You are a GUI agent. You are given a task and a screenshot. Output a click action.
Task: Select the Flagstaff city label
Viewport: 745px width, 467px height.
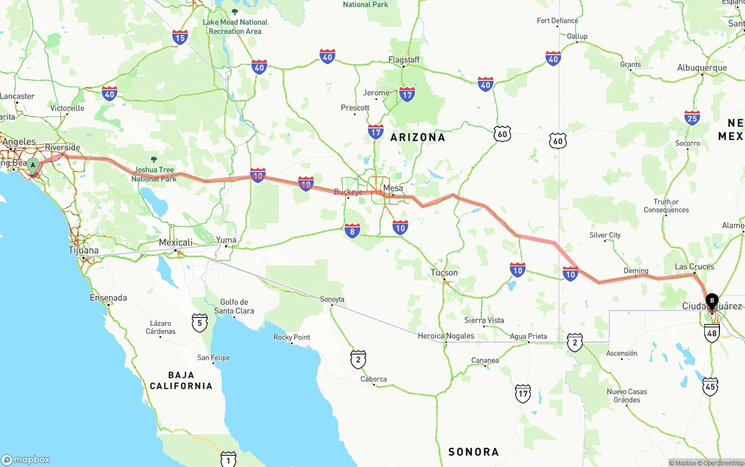[404, 60]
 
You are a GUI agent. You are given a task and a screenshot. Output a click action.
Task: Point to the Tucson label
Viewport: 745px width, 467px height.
[444, 272]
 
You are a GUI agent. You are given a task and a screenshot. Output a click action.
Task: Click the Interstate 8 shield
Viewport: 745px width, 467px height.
[352, 231]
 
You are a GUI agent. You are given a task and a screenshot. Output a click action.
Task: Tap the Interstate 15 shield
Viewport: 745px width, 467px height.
[180, 38]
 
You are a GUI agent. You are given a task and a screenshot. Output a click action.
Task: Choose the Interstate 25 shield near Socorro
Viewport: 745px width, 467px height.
[692, 118]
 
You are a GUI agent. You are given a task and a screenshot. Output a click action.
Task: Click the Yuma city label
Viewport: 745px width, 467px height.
[226, 240]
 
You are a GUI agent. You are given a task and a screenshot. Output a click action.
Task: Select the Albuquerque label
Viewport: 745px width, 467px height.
[702, 68]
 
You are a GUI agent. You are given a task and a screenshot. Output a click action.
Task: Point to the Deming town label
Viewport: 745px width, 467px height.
[636, 270]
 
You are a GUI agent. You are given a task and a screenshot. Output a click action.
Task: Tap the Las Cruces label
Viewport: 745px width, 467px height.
[694, 266]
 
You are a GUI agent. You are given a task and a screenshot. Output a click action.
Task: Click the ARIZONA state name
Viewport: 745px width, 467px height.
[417, 137]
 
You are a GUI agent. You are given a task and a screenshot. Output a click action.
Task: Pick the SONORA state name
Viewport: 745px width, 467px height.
[473, 451]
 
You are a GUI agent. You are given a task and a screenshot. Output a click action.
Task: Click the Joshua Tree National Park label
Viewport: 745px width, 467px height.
[154, 174]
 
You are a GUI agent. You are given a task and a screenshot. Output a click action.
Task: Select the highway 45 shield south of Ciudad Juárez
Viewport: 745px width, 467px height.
[710, 386]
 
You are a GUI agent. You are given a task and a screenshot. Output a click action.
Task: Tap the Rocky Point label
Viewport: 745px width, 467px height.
[292, 337]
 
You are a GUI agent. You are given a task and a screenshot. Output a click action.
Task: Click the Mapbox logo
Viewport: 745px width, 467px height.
[26, 459]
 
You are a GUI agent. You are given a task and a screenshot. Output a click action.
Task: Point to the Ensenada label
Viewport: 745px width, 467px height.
[108, 298]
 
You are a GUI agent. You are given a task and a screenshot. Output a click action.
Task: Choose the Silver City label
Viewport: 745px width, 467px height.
[605, 235]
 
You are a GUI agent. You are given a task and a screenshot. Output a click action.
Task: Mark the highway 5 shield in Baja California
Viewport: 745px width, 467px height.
[200, 323]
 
